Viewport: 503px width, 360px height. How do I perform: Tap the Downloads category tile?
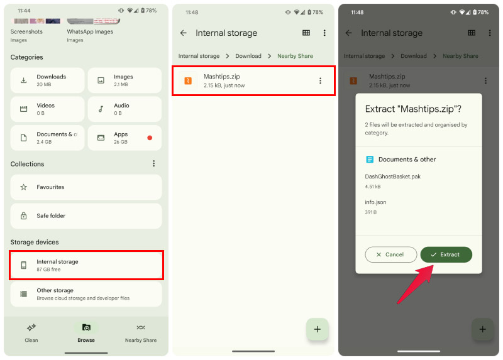tap(47, 80)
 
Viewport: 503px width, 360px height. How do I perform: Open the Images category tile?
tap(124, 80)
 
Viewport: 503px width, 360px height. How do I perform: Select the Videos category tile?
tap(47, 109)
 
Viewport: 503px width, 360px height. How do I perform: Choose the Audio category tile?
tap(124, 109)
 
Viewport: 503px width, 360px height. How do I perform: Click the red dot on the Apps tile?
tap(150, 138)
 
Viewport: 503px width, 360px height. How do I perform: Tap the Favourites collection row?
tap(86, 187)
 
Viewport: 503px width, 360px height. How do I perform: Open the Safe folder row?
tap(86, 216)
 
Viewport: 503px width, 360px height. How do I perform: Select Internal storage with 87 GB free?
tap(86, 265)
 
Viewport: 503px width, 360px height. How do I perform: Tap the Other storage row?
tap(86, 294)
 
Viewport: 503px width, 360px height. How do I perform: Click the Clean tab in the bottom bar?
tap(31, 332)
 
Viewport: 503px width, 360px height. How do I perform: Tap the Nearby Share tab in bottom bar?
tap(141, 332)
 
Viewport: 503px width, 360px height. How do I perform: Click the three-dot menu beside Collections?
tap(154, 164)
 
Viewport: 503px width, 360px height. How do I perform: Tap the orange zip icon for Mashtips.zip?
tap(187, 80)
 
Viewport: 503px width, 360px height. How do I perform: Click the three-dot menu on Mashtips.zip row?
tap(320, 80)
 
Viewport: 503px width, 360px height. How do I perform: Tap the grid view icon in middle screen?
tap(306, 33)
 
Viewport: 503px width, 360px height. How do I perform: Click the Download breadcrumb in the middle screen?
tap(248, 56)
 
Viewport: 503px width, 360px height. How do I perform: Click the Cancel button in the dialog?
tap(390, 254)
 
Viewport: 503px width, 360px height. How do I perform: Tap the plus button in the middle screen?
tap(318, 329)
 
